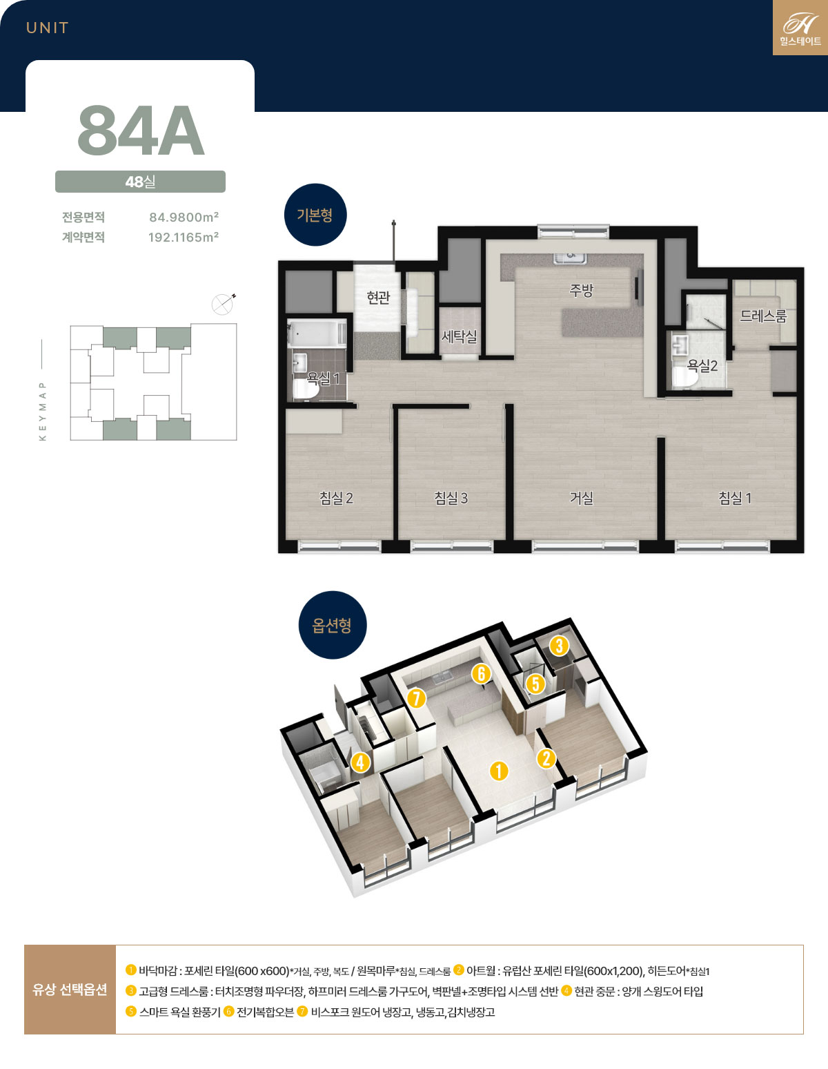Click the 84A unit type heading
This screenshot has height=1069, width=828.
pos(141,131)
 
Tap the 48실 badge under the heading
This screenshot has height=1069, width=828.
pos(140,182)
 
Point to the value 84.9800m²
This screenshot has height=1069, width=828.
pos(184,217)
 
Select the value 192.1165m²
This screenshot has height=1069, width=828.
pos(184,237)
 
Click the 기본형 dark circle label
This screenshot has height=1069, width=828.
pos(315,215)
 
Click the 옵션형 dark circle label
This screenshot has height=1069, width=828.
pos(333,625)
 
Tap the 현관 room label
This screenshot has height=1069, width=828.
pos(378,297)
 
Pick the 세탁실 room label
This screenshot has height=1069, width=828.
pos(459,336)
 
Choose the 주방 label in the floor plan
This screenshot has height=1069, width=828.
pos(581,290)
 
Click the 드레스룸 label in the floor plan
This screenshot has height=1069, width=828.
pos(763,316)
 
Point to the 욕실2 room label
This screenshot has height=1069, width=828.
pos(702,365)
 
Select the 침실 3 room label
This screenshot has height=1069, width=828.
pos(451,499)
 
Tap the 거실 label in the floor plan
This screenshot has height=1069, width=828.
pos(581,499)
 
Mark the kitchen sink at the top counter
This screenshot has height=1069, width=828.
pos(571,258)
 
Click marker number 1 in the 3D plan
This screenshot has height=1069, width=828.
pos(499,771)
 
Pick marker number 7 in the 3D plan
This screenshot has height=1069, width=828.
pos(416,698)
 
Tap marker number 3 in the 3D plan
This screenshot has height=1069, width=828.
pos(559,646)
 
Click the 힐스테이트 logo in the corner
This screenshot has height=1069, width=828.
pos(800,28)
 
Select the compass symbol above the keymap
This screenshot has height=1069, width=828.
pos(223,304)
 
